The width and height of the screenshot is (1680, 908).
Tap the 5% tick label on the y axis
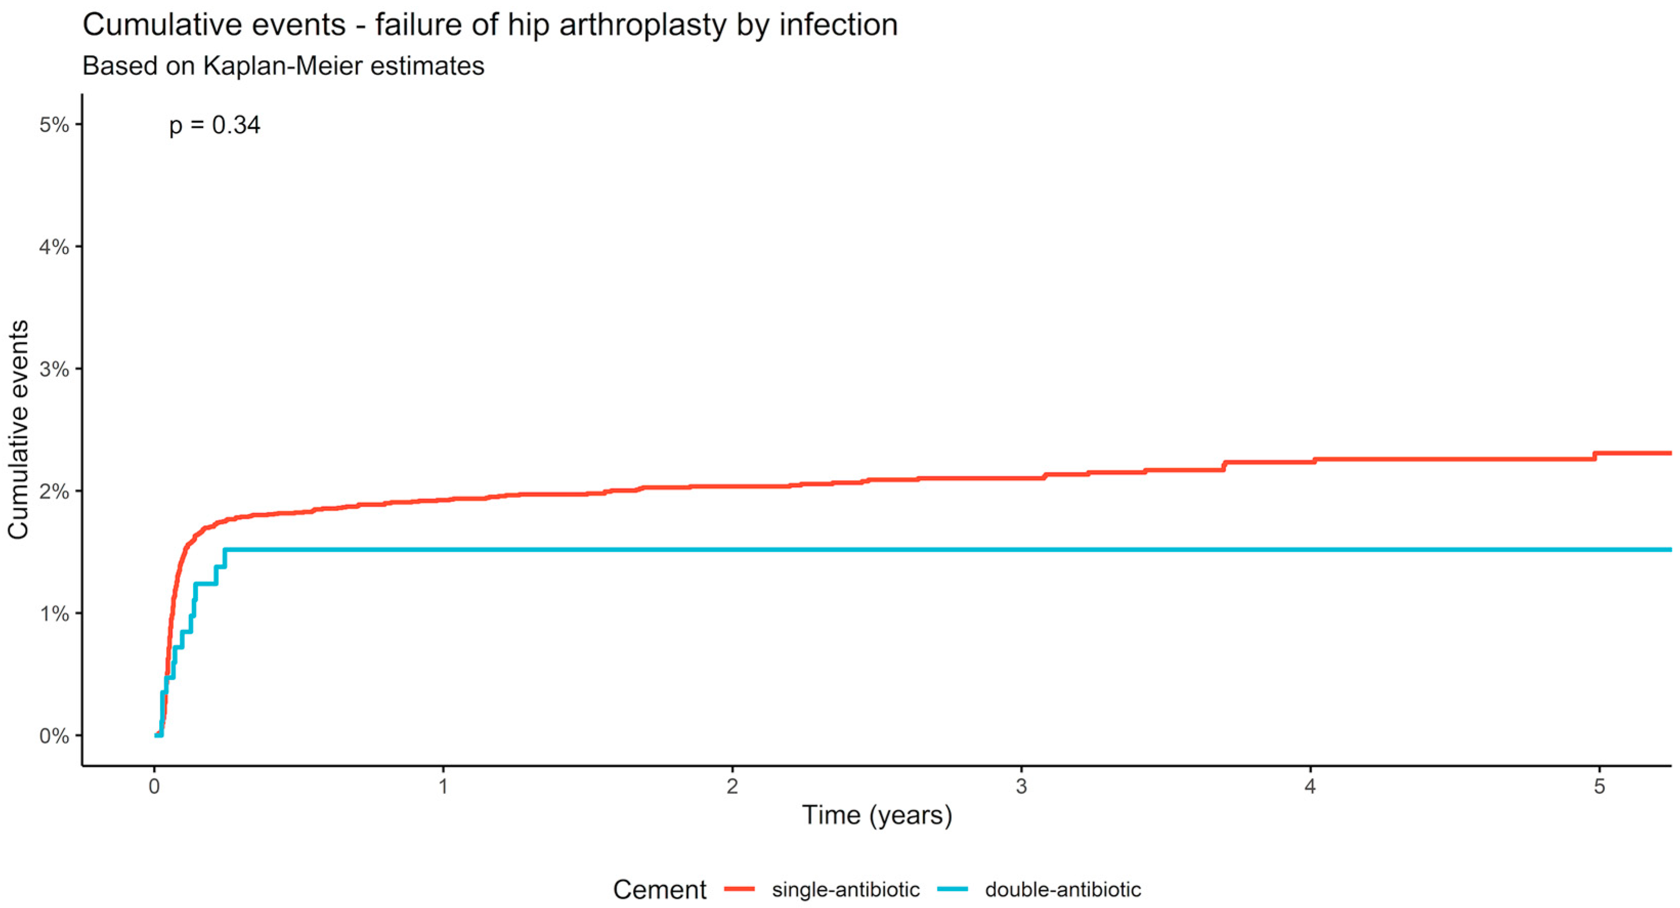point(54,124)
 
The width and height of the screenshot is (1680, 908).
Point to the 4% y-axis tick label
point(54,247)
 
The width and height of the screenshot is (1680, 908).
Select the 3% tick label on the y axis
point(54,369)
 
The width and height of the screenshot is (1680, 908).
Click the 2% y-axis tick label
point(54,491)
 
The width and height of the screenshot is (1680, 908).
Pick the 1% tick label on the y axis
point(54,613)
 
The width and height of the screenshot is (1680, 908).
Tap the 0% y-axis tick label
point(54,736)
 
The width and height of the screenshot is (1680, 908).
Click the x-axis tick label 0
point(155,786)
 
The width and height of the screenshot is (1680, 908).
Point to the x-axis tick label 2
point(732,786)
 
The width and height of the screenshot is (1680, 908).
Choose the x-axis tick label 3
point(1021,786)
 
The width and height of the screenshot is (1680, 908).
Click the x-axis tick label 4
point(1310,786)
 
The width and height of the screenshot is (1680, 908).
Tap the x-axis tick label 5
point(1599,786)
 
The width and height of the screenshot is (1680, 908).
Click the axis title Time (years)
point(877,815)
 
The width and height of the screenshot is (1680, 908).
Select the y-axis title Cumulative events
point(19,429)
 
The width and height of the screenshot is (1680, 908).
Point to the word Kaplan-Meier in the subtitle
point(283,66)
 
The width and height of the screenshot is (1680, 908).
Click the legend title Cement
point(659,890)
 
